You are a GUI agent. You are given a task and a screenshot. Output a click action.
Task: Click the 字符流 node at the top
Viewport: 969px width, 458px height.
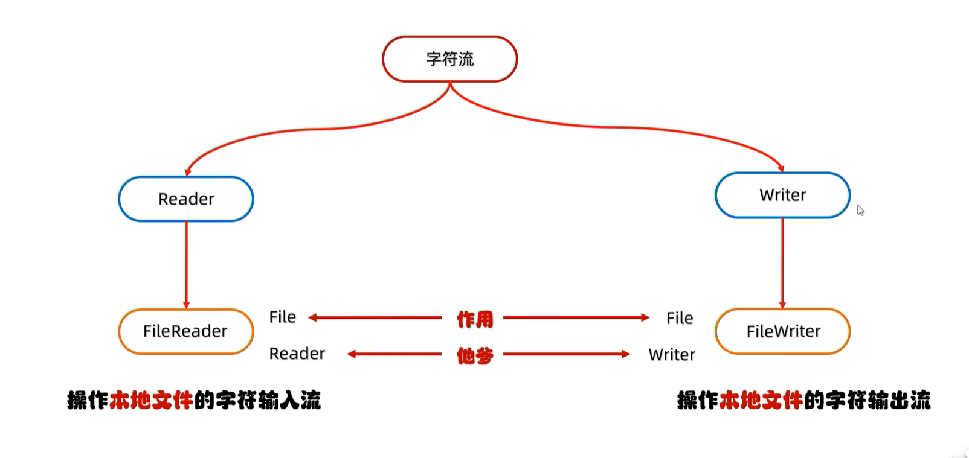click(449, 59)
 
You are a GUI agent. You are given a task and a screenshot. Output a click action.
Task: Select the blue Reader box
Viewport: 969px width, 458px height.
click(186, 199)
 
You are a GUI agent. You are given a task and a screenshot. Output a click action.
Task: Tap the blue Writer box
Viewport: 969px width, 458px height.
click(782, 195)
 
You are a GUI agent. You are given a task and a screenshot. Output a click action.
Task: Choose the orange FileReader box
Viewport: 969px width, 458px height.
click(185, 331)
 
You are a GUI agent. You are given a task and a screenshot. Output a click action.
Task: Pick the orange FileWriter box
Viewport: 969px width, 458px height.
click(783, 331)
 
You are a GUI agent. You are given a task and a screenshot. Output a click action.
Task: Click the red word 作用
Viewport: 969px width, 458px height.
click(475, 319)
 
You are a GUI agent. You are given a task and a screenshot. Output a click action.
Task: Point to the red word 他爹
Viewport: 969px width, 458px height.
click(475, 355)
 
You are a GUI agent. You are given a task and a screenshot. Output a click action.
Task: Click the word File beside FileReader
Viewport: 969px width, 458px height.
click(283, 317)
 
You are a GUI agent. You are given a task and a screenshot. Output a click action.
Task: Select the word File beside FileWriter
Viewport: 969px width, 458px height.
click(680, 318)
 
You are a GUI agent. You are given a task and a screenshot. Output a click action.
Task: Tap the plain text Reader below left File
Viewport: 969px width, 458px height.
click(297, 354)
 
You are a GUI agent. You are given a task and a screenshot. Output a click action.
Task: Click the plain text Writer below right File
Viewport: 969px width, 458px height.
click(672, 355)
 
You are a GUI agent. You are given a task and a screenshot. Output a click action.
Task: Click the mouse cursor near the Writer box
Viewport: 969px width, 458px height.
click(860, 210)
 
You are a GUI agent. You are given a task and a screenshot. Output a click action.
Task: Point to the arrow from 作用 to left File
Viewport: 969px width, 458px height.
click(375, 317)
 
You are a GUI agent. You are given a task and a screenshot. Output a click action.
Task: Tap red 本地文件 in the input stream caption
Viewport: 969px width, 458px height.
click(151, 400)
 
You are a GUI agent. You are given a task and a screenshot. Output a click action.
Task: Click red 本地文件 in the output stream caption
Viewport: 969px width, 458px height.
click(761, 400)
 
